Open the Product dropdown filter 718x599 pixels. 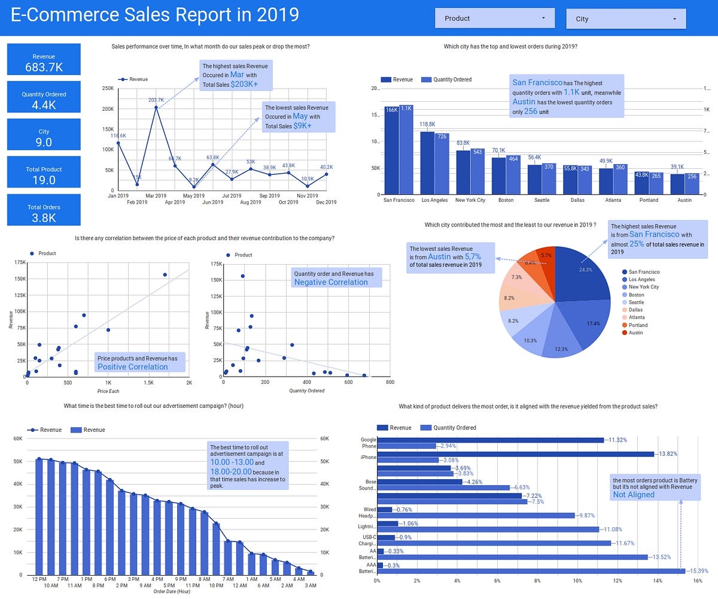click(x=494, y=19)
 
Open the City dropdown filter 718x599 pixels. click(x=625, y=19)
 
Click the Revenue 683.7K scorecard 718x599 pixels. click(x=44, y=59)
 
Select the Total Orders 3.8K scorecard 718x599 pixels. click(x=44, y=210)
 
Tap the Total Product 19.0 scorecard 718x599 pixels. click(x=44, y=173)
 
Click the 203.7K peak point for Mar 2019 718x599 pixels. click(x=156, y=108)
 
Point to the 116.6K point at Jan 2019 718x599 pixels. click(x=118, y=143)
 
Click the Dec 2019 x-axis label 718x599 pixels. click(x=326, y=202)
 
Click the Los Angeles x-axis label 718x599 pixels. click(x=434, y=200)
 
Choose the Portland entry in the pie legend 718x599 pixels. click(x=638, y=325)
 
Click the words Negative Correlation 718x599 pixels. click(x=331, y=282)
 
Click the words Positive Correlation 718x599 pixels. click(x=133, y=367)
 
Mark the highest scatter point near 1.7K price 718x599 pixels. click(x=165, y=275)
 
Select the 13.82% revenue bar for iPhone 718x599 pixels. click(x=515, y=454)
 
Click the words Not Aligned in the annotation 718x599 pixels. click(x=633, y=495)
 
